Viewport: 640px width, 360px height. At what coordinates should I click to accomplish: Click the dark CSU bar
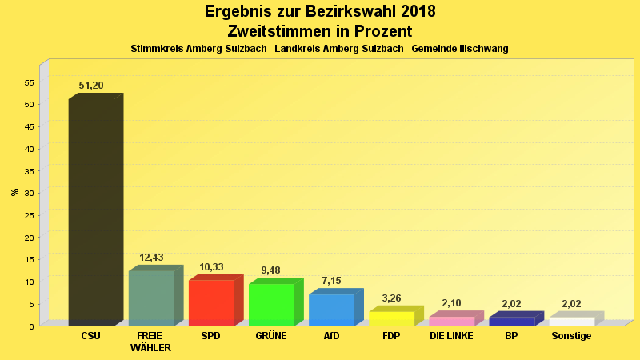coord(91,212)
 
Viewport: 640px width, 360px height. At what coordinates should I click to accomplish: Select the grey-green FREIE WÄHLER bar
coord(151,298)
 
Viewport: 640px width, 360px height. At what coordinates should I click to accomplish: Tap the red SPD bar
coord(211,302)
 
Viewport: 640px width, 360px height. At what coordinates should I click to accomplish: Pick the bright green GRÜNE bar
coord(271,304)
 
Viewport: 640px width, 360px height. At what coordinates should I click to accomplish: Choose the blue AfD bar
coord(331,310)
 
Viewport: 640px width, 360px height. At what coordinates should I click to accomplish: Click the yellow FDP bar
coord(391,318)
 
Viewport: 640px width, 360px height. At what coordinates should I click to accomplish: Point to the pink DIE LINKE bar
coord(451,321)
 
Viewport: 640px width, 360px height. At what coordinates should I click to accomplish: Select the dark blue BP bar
coord(511,321)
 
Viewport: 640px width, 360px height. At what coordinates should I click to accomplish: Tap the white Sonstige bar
coord(571,321)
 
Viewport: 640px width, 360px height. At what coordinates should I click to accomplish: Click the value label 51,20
coord(91,86)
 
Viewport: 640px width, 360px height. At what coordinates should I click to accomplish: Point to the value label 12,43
coord(151,258)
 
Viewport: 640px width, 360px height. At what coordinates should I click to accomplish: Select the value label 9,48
coord(271,270)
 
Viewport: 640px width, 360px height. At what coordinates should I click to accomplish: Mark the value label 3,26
coord(391,298)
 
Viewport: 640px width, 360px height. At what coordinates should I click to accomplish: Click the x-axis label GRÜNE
coord(271,336)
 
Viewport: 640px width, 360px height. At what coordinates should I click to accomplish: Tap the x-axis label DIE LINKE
coord(451,336)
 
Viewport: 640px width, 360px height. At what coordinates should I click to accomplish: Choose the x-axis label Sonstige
coord(571,336)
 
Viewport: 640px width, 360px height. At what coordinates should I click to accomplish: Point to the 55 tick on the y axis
coord(30,82)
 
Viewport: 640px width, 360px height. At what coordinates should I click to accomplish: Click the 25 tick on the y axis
coord(30,215)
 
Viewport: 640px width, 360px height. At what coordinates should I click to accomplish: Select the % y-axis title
coord(14,192)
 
